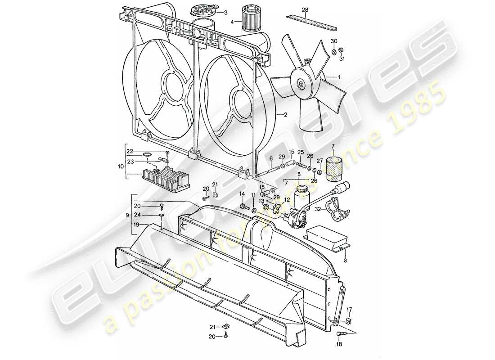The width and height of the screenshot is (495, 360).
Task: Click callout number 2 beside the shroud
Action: pos(285,115)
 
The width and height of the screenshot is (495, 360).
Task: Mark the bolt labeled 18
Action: pos(341,334)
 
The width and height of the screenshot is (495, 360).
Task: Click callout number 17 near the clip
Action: pos(349,309)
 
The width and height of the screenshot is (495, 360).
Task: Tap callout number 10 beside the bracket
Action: pos(120,166)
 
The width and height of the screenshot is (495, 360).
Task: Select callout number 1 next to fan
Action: pos(339,77)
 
